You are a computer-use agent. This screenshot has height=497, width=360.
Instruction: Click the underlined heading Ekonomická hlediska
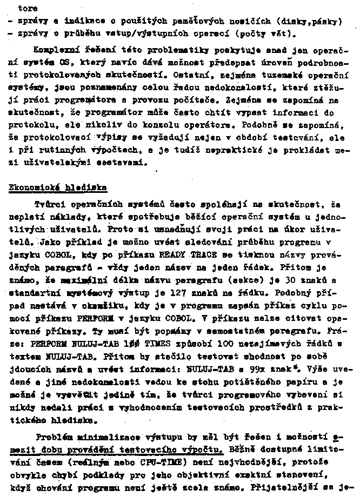(x=57, y=188)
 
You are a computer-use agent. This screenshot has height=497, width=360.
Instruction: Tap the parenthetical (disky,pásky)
(x=308, y=22)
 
